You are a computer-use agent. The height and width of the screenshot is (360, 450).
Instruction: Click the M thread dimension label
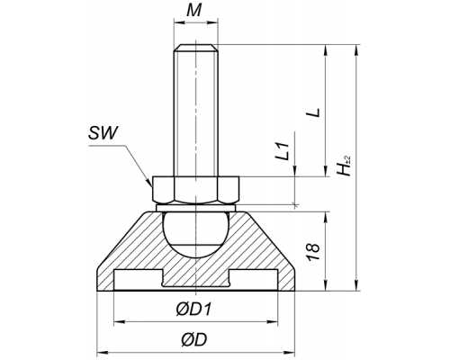point(193,11)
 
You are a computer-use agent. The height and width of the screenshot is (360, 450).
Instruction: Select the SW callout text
point(103,133)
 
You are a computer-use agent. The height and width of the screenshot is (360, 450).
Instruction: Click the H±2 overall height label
point(344,166)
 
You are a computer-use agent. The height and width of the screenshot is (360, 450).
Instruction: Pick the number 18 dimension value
point(313,251)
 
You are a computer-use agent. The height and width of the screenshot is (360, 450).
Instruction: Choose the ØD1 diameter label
point(193,309)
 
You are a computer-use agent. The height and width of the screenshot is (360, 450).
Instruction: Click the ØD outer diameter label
point(194,340)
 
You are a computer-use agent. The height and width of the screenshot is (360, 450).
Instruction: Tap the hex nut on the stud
point(196,189)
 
